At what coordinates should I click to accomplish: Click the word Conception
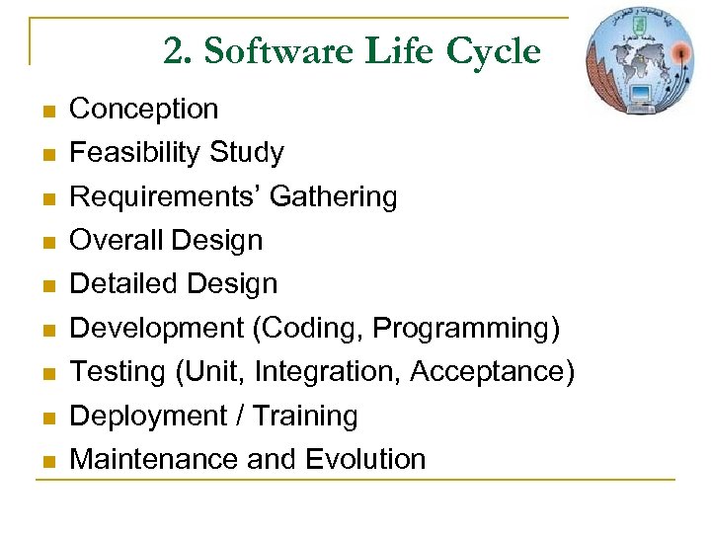coord(144,109)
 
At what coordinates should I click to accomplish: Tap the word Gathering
coord(333,197)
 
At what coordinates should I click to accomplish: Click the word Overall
coord(117,240)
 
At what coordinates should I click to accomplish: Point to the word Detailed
coord(125,284)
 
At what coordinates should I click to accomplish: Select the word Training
coord(305,417)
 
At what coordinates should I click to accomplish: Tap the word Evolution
coord(365,459)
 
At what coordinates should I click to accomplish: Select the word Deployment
coord(148,417)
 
